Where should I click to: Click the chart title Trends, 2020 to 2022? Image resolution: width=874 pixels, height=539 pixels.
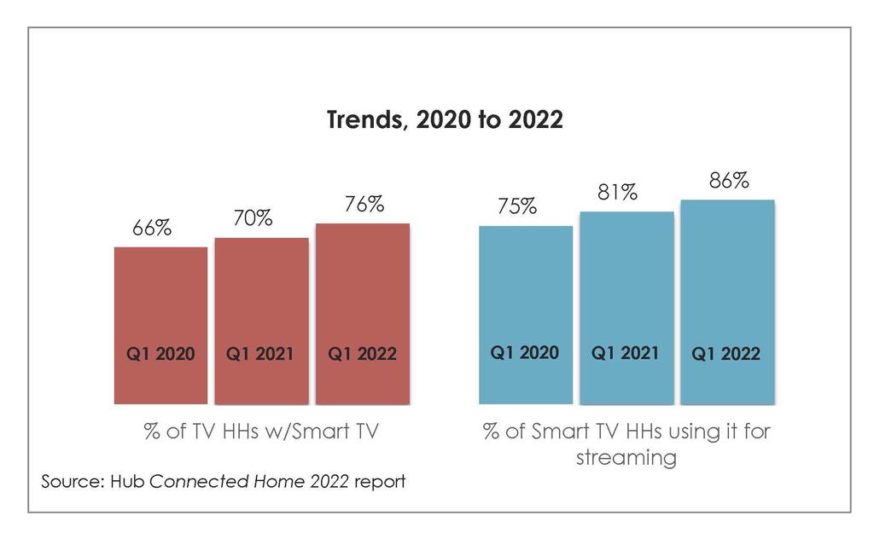tap(445, 120)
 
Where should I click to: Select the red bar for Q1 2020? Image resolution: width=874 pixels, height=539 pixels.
tap(160, 324)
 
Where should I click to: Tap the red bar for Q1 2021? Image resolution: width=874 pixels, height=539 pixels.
tap(261, 320)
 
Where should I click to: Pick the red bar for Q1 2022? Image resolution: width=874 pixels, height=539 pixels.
tap(363, 313)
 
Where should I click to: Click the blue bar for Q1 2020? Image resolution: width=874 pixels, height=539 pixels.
tap(526, 314)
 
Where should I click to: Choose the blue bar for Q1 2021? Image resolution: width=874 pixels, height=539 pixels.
tap(626, 307)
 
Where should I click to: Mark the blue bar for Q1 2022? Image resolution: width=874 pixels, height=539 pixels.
tap(727, 301)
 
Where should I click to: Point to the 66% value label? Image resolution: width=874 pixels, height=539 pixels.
tap(153, 229)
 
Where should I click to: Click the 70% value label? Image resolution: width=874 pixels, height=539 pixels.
tap(253, 218)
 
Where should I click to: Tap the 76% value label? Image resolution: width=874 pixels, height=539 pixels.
tap(364, 205)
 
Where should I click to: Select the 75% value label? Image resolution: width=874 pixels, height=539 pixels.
tap(517, 206)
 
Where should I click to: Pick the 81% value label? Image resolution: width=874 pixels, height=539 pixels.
tap(618, 193)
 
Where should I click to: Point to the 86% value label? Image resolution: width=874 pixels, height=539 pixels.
tap(729, 181)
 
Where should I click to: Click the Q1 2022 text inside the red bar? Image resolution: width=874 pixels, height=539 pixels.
tap(363, 354)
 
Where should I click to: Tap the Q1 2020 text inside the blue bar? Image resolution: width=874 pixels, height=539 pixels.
tap(525, 352)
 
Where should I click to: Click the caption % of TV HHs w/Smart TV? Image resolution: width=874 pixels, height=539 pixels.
tap(260, 431)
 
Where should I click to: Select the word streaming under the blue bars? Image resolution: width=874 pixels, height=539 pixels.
tap(626, 457)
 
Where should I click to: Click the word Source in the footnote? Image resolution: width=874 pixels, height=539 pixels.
tap(72, 481)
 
